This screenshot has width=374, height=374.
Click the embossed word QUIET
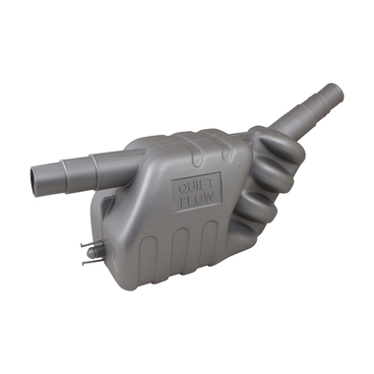(196, 187)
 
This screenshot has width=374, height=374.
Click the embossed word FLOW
(198, 199)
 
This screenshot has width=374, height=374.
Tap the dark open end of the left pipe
(34, 178)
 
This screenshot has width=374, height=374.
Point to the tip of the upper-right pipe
(338, 92)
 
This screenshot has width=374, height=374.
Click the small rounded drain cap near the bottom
(93, 253)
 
